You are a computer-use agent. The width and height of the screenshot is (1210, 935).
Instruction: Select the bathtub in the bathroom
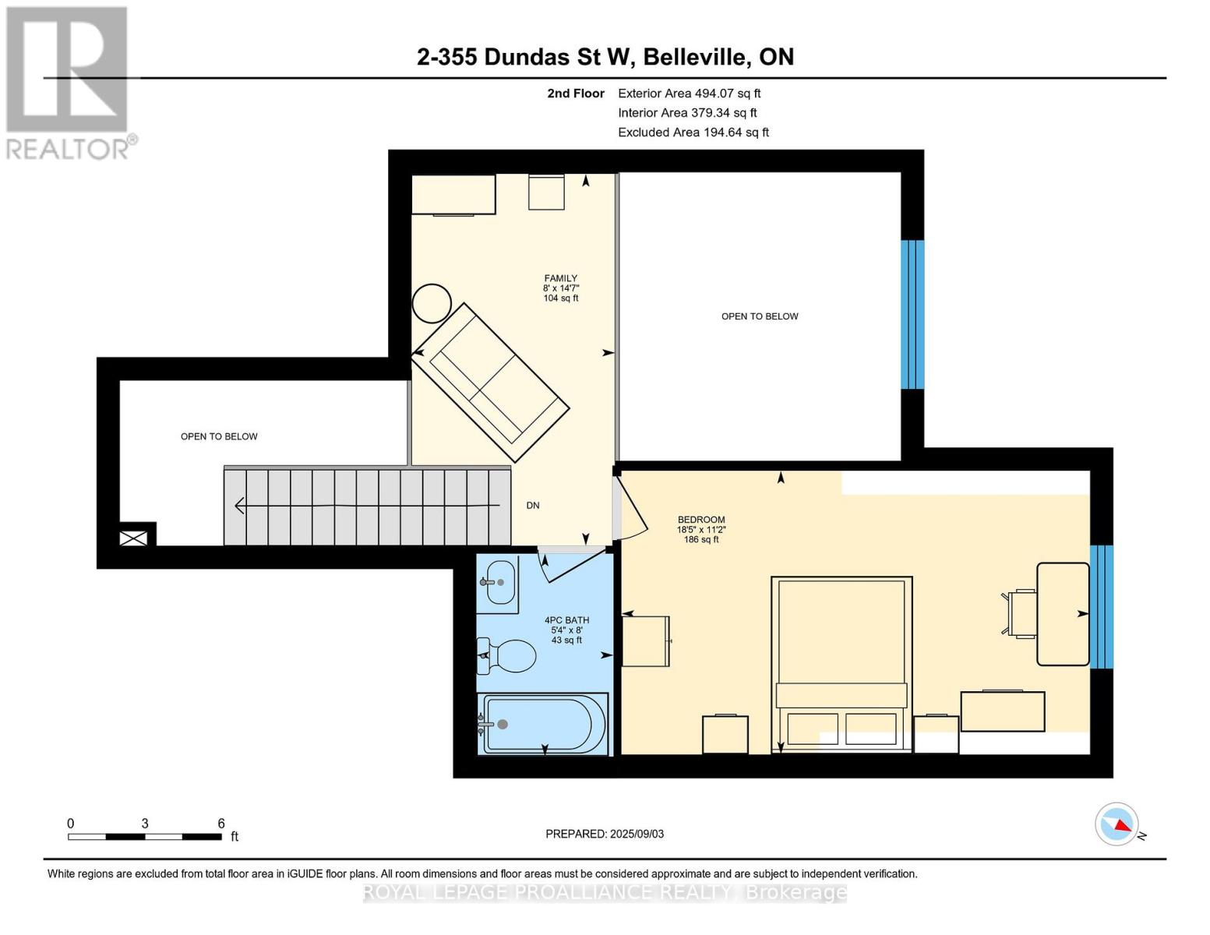544,724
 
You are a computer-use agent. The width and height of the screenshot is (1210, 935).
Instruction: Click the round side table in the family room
431,303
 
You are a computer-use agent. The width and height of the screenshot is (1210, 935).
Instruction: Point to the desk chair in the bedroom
1021,614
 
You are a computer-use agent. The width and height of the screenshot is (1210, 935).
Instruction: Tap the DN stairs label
533,506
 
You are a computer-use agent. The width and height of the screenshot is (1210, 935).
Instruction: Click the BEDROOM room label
701,520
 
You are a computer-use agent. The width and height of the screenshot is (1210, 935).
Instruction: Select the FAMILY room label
561,278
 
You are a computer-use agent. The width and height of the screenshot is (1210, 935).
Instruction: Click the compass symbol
1117,824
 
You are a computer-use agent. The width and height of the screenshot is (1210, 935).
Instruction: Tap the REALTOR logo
69,82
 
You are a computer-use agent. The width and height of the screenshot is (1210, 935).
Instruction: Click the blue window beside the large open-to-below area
912,314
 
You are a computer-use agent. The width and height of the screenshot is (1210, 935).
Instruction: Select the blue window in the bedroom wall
1101,607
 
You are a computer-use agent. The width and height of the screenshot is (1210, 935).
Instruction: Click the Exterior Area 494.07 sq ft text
689,93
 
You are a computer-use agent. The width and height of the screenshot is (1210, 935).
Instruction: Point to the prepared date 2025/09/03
605,834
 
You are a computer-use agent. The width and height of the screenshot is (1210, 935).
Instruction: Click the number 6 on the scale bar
221,824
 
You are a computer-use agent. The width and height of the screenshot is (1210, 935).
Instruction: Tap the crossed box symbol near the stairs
133,538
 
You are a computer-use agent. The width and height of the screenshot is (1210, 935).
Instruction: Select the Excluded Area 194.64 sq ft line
693,132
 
